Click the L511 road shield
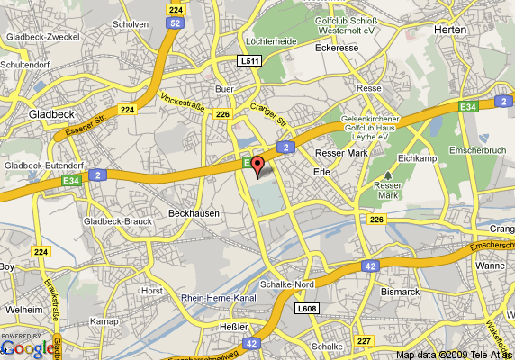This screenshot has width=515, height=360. [250, 61]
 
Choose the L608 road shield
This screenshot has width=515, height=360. [308, 308]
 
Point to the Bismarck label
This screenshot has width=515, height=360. [400, 292]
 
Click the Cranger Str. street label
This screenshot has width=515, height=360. [268, 114]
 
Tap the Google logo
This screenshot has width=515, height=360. [29, 347]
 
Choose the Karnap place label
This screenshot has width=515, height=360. [104, 320]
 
